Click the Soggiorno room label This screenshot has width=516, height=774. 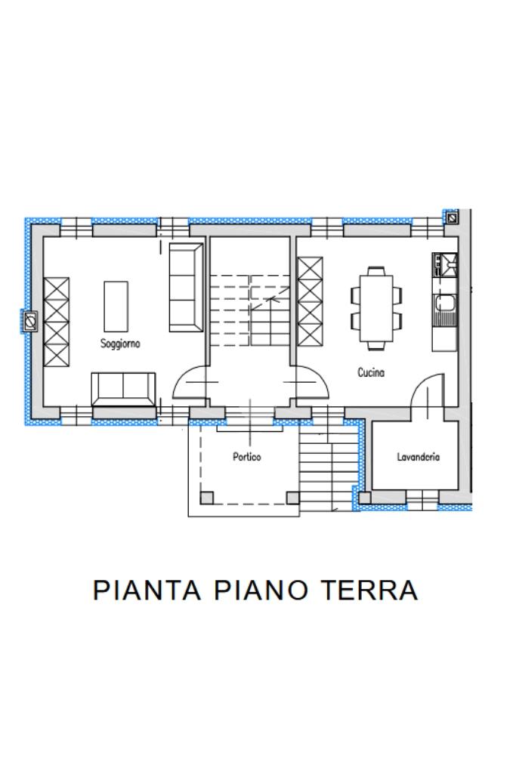coord(120,344)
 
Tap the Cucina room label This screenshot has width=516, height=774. coord(371,372)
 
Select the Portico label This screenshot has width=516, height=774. coord(247,457)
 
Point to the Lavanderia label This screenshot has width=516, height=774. coord(419,457)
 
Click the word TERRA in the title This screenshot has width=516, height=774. coord(369,590)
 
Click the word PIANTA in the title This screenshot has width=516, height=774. coord(147,590)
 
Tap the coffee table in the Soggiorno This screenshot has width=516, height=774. coord(116,307)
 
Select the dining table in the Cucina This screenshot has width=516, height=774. coord(376,308)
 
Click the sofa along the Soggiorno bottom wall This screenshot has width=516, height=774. coord(123,389)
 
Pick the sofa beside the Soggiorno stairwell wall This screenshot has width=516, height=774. coord(186,287)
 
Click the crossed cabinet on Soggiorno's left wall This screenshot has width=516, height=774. coord(57,322)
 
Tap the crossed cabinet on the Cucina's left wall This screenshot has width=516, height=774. coord(310,301)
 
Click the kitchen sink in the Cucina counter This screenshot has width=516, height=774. coord(445,310)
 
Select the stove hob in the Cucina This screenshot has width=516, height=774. coord(445,264)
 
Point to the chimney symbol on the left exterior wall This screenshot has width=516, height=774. coord(29,322)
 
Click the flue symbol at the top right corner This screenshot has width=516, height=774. coord(452,217)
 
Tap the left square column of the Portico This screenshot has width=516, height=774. coord(206,498)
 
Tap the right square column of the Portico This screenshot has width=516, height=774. coord(293,498)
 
